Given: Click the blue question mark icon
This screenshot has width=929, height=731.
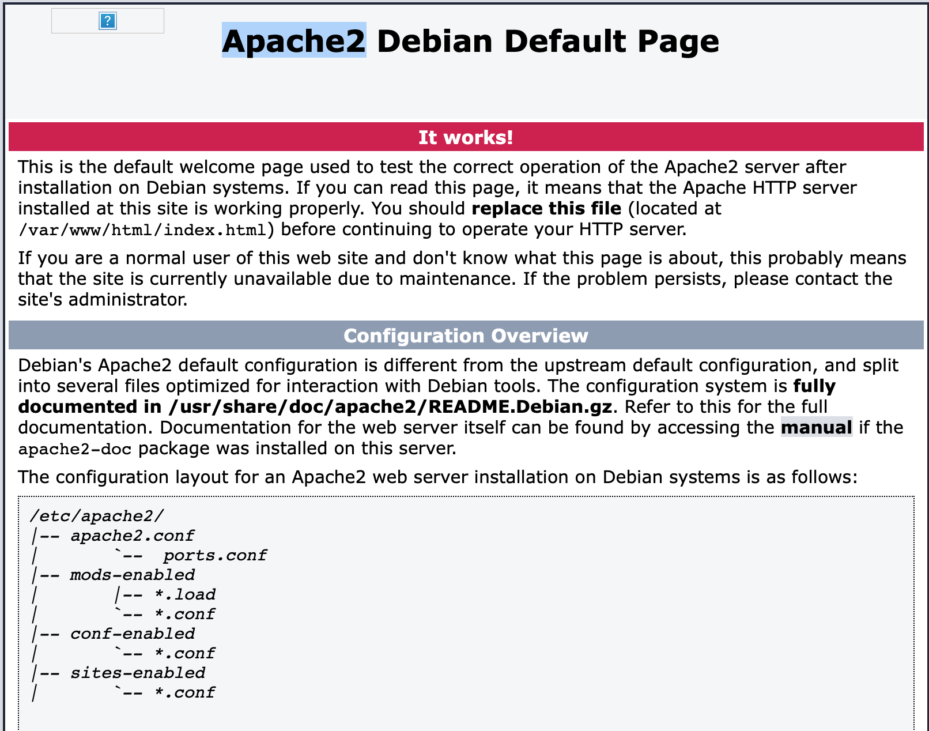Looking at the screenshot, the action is coord(108,21).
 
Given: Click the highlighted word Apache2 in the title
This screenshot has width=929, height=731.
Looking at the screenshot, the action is coord(294,41).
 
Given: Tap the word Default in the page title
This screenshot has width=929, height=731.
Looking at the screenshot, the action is coord(565,41).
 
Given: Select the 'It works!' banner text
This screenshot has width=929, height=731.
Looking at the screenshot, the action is coord(466,137).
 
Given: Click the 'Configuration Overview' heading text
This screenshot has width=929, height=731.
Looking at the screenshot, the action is coord(466,336).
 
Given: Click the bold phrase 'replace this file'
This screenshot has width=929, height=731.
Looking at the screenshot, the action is coord(546,209).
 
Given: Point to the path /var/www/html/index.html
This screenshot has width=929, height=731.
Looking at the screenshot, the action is coord(142,229).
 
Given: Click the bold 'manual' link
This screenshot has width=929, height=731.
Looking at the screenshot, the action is coord(817,427).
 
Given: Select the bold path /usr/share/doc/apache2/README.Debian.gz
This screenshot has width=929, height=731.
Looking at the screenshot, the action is coord(391,407).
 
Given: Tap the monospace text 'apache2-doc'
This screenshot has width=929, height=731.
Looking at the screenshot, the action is coord(75,449).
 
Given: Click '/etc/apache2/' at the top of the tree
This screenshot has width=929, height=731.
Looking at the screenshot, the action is coord(97,516).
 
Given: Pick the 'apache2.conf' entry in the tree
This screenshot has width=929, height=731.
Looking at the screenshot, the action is coord(133,536).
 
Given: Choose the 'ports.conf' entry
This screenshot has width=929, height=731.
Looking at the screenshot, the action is coord(215,555).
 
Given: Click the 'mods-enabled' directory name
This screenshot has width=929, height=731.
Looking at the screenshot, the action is coord(133,575).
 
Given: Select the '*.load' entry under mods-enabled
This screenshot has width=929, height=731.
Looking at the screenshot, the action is coord(185,594).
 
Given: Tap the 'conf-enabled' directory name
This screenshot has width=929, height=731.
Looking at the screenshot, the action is coord(133,634).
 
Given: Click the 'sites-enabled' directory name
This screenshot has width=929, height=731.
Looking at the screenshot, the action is coord(138,673).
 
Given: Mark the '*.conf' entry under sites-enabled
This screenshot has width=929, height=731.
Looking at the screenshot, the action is coord(185,692).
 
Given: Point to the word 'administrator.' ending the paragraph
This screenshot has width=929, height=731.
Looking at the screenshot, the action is coord(128,300).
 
